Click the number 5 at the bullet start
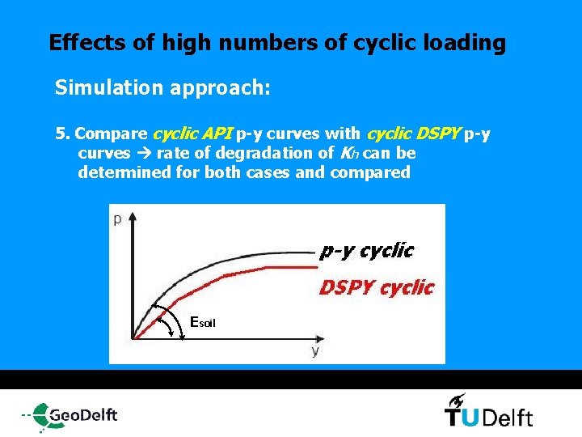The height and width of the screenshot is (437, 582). pos(59,134)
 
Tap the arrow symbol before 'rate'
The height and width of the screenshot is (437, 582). pos(145,153)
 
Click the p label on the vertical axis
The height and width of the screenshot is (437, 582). pos(118,219)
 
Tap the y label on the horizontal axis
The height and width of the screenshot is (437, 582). pos(315,350)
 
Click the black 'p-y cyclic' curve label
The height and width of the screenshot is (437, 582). pos(366,251)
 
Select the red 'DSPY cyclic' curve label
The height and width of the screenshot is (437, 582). pos(376,287)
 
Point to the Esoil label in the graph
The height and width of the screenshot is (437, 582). pos(202,322)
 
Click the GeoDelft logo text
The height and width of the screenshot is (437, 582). pos(82,415)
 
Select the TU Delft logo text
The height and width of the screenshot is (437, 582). pos(488,417)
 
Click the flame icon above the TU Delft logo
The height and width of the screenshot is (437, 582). pos(457,399)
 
